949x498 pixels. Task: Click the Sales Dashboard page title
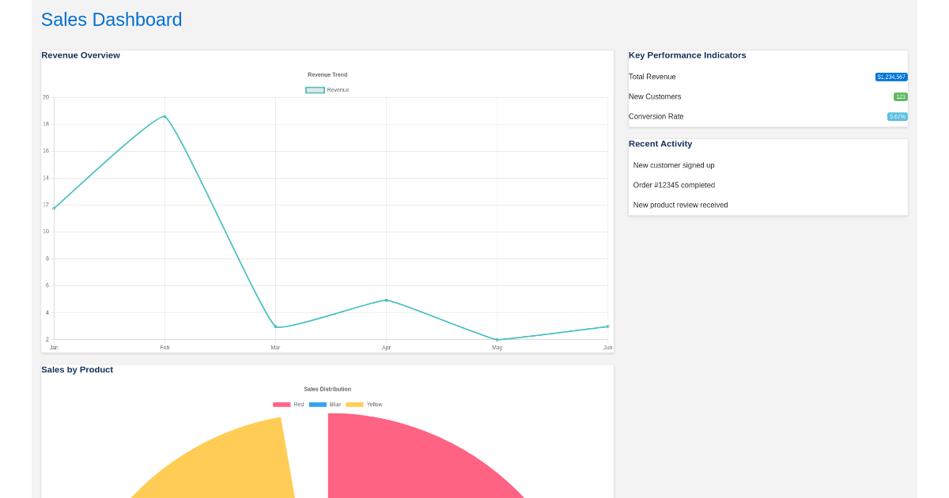pyautogui.click(x=112, y=20)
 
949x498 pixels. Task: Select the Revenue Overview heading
pyautogui.click(x=81, y=55)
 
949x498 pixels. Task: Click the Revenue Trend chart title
pyautogui.click(x=327, y=75)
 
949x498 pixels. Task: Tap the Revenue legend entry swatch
pyautogui.click(x=315, y=90)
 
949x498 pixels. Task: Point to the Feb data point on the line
pyautogui.click(x=164, y=116)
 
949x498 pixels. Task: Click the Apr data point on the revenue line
pyautogui.click(x=386, y=300)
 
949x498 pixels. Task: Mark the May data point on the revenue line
pyautogui.click(x=497, y=340)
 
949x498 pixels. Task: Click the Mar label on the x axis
pyautogui.click(x=275, y=348)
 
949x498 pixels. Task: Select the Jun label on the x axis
pyautogui.click(x=607, y=348)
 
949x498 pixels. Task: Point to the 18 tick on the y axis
pyautogui.click(x=46, y=124)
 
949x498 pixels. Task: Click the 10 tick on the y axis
pyautogui.click(x=46, y=232)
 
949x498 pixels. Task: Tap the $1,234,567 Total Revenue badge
pyautogui.click(x=891, y=77)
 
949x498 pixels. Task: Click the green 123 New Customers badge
pyautogui.click(x=900, y=97)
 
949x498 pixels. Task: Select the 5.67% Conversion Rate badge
pyautogui.click(x=897, y=117)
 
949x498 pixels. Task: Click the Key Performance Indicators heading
pyautogui.click(x=687, y=55)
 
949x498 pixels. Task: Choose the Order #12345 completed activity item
pyautogui.click(x=674, y=185)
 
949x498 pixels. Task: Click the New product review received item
pyautogui.click(x=680, y=205)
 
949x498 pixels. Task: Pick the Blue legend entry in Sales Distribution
pyautogui.click(x=325, y=405)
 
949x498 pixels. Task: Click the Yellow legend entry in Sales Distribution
pyautogui.click(x=365, y=405)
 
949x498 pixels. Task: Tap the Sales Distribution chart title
pyautogui.click(x=327, y=389)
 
